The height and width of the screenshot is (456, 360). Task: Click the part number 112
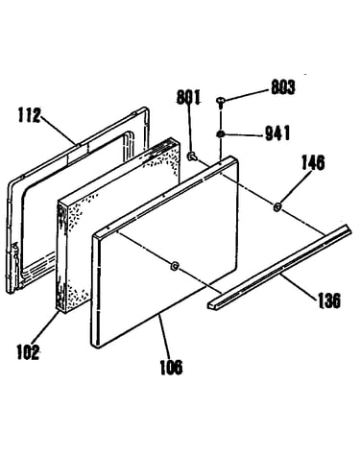click(x=30, y=115)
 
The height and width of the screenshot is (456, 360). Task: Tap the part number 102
click(x=28, y=351)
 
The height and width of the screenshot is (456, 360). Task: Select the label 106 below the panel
click(x=171, y=367)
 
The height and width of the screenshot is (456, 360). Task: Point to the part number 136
click(x=329, y=301)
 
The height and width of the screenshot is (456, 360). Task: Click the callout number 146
click(x=313, y=162)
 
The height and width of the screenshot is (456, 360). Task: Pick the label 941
click(x=277, y=133)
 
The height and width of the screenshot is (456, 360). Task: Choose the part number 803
click(x=283, y=87)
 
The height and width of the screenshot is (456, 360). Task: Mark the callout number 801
click(x=189, y=97)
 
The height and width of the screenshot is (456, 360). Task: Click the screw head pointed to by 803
click(x=221, y=101)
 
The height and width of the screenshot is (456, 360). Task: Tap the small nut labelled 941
click(x=220, y=134)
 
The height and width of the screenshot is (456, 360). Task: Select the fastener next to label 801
click(x=192, y=156)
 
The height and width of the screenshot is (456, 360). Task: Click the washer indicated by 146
click(x=277, y=207)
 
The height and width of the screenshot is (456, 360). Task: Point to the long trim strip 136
click(x=279, y=267)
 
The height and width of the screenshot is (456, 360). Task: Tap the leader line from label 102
click(x=46, y=328)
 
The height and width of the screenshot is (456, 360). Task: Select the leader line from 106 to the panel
click(x=163, y=337)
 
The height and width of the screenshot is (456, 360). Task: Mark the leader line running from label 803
click(x=246, y=95)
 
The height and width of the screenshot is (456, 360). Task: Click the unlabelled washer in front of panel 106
click(x=175, y=266)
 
